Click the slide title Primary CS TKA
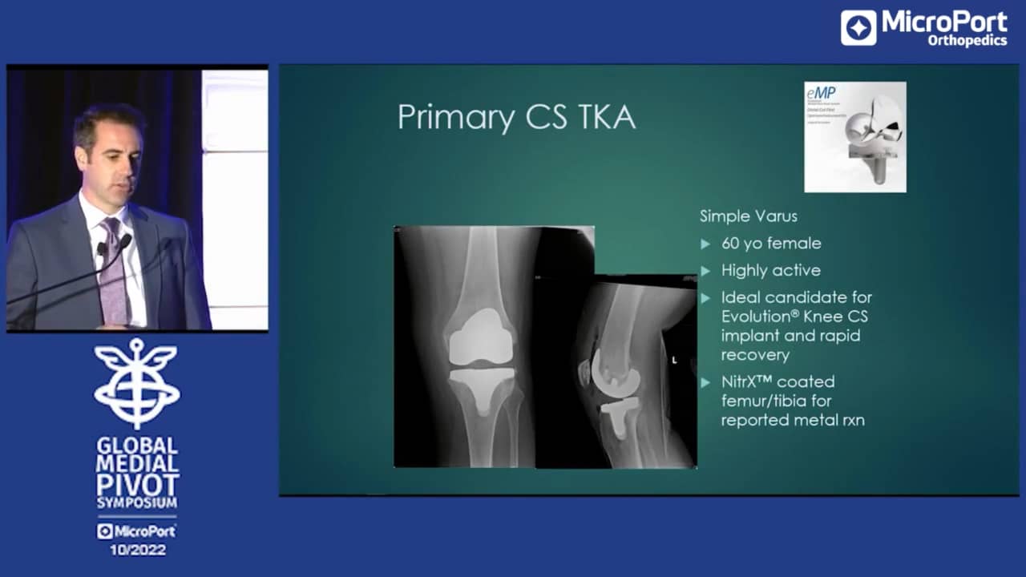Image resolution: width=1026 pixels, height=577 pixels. (516, 117)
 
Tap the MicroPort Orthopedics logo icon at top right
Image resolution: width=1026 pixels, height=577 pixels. (858, 27)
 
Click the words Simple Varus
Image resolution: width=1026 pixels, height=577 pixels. (749, 216)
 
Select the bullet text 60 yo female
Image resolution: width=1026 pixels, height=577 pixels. (771, 243)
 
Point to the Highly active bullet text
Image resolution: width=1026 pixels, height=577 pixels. (770, 270)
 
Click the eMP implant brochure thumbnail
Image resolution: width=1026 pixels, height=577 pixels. (855, 137)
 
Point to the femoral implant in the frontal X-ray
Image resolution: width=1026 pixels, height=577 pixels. (479, 337)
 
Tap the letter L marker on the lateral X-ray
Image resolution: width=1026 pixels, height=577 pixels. (674, 361)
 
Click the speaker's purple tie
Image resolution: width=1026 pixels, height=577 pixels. (113, 276)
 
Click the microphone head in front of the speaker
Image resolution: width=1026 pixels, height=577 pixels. (125, 240)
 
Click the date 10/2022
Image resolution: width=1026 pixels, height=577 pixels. (137, 550)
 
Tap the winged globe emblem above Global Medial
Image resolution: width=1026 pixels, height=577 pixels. (137, 382)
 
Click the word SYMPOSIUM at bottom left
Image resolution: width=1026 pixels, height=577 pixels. (137, 503)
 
